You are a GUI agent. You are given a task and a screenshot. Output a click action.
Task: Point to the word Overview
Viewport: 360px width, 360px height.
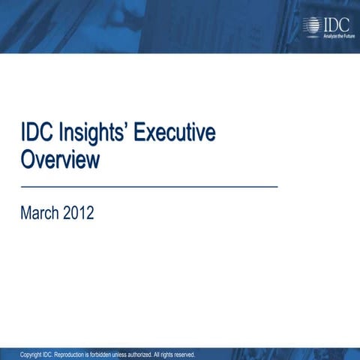(x=59, y=160)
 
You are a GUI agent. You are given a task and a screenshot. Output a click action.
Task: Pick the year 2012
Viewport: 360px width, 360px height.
(x=79, y=213)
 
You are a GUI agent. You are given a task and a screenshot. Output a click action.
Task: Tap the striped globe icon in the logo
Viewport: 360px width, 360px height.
(x=310, y=26)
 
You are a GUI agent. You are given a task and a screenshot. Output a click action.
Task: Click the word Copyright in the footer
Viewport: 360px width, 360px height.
(x=31, y=355)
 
